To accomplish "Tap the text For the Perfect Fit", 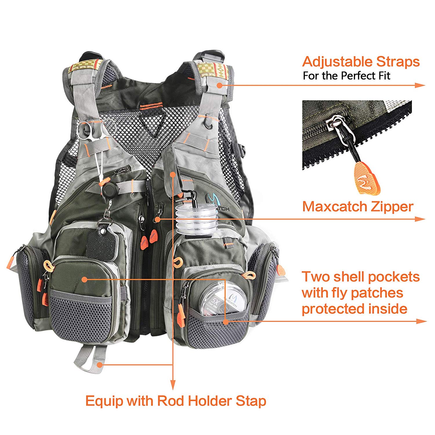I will pos(346,76).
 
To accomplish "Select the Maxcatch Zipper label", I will pos(358,207).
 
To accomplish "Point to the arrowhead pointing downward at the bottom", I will pos(173,385).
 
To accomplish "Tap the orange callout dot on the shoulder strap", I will pos(220,85).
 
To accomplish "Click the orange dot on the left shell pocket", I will pos(84,279).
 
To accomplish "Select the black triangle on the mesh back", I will pos(153,123).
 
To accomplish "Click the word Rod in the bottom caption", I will pos(171,401).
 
